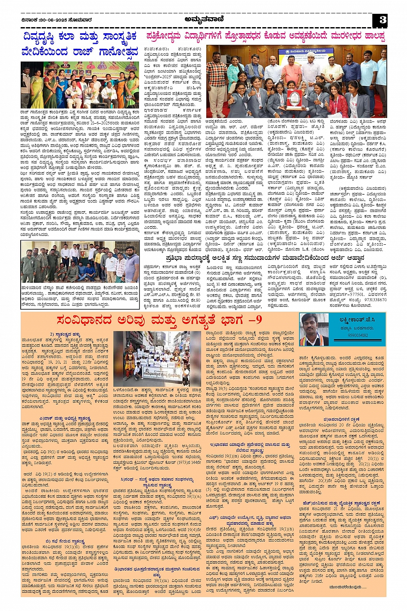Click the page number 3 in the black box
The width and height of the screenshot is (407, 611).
[x=382, y=19]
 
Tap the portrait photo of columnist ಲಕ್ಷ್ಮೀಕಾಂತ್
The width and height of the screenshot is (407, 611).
[x=314, y=330]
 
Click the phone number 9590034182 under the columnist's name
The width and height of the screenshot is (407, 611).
[x=358, y=335]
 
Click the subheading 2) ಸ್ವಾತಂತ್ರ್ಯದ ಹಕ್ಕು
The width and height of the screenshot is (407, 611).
[x=65, y=334]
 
